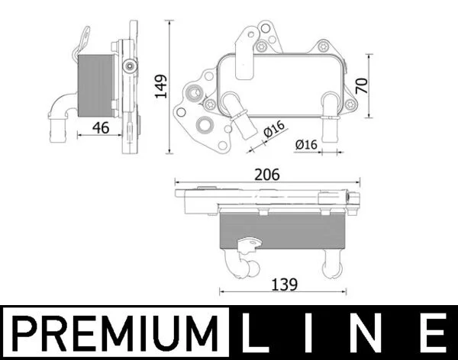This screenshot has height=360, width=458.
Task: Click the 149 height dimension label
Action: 161,87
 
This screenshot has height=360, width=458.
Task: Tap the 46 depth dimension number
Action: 101,127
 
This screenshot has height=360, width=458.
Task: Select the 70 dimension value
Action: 362,86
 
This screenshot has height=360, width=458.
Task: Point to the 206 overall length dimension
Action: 267,175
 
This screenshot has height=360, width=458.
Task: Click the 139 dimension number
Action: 285,284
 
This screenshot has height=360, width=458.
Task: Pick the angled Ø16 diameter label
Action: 274,128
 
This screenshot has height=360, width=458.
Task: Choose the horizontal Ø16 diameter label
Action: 306,144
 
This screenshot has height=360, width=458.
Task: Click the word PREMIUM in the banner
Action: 115,333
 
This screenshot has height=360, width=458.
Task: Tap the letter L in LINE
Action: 252,333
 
